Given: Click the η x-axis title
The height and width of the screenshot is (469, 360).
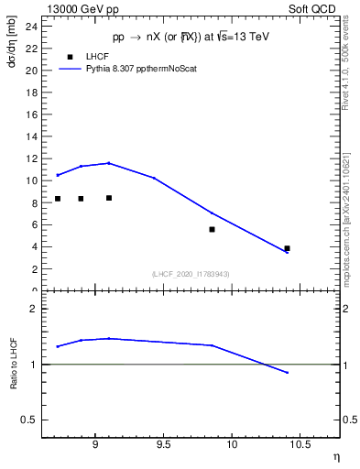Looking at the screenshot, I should coord(335,455).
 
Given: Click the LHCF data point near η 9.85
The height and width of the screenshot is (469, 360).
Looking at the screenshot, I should coord(212,229).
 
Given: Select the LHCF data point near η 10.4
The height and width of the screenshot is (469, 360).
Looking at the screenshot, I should coord(287,248).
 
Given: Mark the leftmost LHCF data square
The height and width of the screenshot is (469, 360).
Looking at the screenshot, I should coord(58,199).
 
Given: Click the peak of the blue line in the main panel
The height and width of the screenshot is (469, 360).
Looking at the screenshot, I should coord(109,163).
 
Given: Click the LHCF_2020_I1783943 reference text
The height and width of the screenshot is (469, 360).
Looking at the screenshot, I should coord(190,274).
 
